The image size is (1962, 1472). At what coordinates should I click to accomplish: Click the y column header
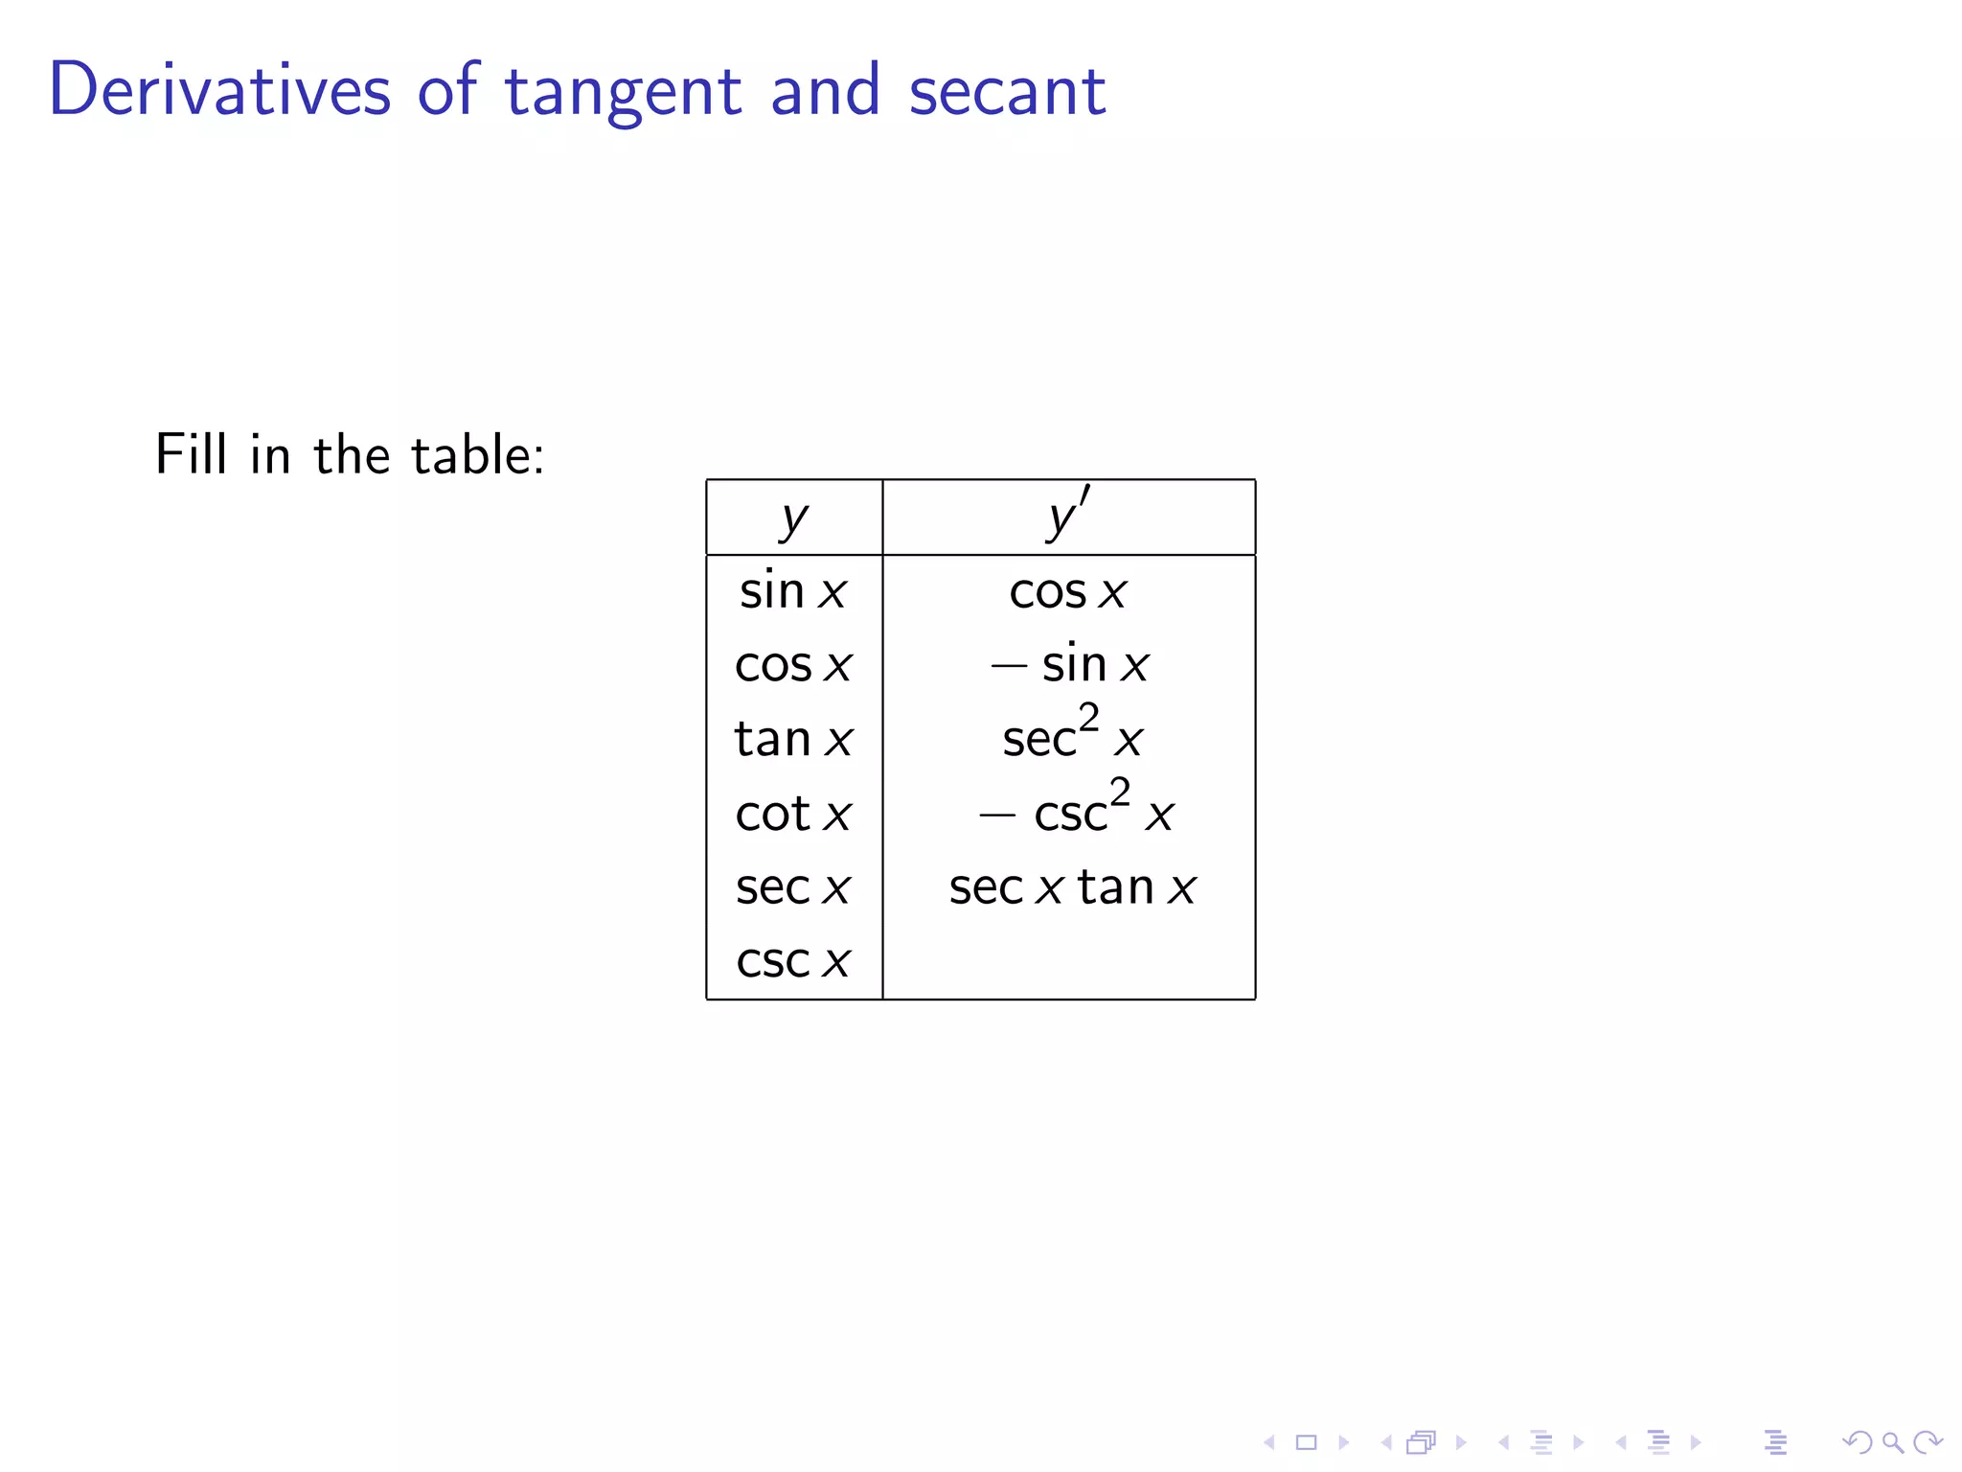(x=793, y=518)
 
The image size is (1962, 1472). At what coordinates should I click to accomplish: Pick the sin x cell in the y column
(x=793, y=590)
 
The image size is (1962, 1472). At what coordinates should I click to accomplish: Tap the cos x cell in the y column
(x=793, y=664)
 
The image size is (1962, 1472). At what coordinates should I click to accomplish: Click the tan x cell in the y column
(x=793, y=739)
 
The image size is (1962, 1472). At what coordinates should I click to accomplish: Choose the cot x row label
(x=793, y=814)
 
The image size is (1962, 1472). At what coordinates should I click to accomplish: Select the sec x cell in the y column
(x=793, y=887)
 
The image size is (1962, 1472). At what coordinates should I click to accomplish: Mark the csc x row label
(x=793, y=961)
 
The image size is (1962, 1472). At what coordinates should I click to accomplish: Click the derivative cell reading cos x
(x=1068, y=591)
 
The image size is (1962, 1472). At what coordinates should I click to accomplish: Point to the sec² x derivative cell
(x=1071, y=736)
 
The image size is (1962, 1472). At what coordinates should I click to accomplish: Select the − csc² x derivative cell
(x=1075, y=811)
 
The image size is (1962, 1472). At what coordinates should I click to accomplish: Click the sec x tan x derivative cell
(x=1072, y=887)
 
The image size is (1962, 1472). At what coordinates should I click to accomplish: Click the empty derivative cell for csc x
(x=1068, y=961)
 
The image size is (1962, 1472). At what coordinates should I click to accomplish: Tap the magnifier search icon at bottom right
(x=1892, y=1442)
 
